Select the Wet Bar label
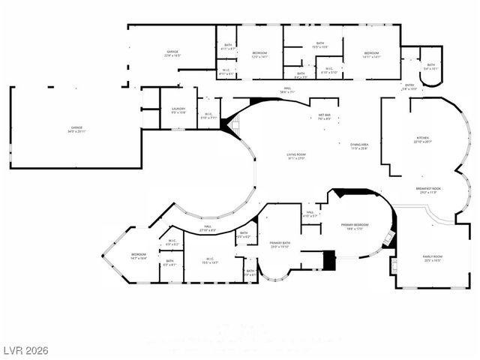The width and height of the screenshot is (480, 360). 324,116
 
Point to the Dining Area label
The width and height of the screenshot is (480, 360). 359,146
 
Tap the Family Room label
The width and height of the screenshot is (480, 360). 433,258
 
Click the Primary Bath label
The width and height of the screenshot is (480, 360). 280,244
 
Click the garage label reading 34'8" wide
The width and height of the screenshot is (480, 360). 76,130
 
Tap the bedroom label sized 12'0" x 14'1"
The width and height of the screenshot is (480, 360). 259,55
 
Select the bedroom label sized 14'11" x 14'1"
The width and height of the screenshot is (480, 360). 371,55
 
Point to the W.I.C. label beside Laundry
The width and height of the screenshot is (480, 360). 209,115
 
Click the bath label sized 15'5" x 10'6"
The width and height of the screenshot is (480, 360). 319,45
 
